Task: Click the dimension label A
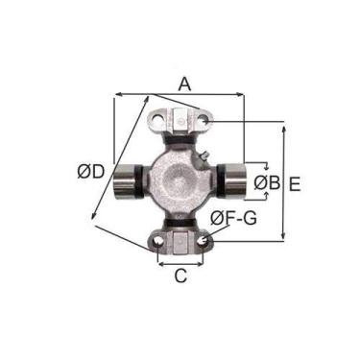click(x=184, y=84)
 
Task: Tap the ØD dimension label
click(x=91, y=173)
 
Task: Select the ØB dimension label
click(x=267, y=183)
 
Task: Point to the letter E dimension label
click(x=295, y=184)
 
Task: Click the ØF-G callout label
click(x=233, y=218)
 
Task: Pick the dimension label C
click(x=180, y=276)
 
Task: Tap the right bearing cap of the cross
click(x=235, y=181)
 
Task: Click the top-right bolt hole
click(x=204, y=121)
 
